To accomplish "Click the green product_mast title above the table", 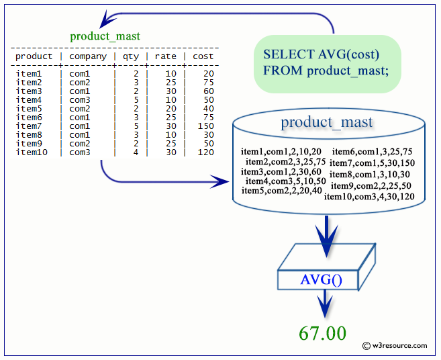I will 105,36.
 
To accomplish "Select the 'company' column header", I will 88,56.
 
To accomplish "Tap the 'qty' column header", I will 130,56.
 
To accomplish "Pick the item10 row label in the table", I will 32,152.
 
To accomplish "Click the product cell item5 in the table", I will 29,109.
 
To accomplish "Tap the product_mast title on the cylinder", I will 327,122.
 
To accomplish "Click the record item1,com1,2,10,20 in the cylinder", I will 281,151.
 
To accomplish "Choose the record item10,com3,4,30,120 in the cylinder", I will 369,197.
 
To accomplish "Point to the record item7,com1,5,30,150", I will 372,163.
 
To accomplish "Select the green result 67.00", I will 324,333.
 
